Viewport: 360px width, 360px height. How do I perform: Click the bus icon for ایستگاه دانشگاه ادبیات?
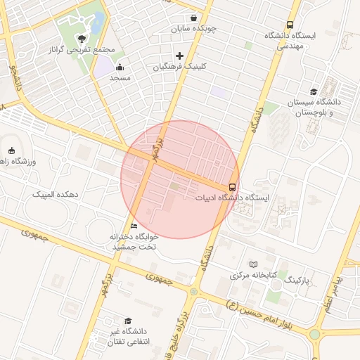pos(232,186)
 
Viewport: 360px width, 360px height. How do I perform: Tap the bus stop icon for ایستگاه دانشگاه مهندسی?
pos(290,25)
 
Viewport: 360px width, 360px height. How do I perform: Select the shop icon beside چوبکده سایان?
pos(193,18)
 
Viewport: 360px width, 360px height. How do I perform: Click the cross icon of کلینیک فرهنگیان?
pos(179,55)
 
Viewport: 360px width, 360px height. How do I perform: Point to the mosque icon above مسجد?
pos(120,67)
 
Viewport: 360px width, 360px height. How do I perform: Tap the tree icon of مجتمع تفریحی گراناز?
pos(82,39)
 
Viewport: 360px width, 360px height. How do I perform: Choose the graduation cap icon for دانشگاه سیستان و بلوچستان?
pos(314,91)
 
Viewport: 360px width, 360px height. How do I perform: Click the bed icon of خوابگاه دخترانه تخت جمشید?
pos(134,226)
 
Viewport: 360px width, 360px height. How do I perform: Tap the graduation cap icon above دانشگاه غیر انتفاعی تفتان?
pos(127,321)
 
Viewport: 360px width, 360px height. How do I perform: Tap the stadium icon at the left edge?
pos(11,150)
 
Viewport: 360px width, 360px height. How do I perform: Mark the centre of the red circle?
pos(180,179)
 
